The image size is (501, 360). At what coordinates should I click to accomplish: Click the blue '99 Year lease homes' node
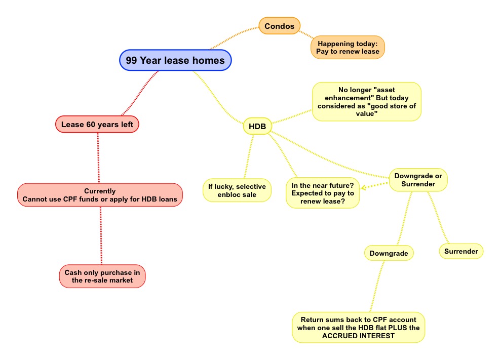(x=175, y=60)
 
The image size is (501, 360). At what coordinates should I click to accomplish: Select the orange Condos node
(x=279, y=26)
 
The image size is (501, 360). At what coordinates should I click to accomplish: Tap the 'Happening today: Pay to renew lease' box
(x=348, y=47)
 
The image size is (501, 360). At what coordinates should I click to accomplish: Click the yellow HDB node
(x=257, y=126)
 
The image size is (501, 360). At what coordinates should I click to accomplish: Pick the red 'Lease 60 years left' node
(x=97, y=124)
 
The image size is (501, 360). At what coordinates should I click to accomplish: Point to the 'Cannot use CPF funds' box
(x=100, y=195)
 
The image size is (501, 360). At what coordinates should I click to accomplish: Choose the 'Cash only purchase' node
(x=102, y=276)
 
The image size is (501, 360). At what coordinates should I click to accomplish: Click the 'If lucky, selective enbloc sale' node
(x=237, y=190)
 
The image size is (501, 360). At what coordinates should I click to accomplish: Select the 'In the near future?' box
(x=323, y=193)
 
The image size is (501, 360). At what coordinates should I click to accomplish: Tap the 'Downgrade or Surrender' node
(x=418, y=180)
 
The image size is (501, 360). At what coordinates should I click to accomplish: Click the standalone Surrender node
(x=461, y=251)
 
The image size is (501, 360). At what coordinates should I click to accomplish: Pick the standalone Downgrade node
(x=389, y=253)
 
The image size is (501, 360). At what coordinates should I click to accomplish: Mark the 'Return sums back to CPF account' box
(x=359, y=328)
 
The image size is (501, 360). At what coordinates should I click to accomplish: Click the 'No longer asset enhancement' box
(x=367, y=102)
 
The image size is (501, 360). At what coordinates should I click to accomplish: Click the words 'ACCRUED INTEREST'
(x=358, y=336)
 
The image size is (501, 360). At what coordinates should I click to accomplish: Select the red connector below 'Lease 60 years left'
(x=98, y=158)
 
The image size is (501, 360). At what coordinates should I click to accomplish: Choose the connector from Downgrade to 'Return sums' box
(x=377, y=286)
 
